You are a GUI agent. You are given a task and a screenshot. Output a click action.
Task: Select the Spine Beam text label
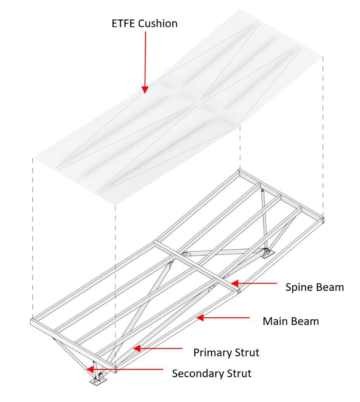click(314, 287)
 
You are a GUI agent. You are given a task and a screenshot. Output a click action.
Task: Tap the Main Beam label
click(291, 321)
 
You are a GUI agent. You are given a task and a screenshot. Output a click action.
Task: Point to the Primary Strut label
click(226, 352)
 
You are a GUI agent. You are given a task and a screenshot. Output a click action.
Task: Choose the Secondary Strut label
click(212, 373)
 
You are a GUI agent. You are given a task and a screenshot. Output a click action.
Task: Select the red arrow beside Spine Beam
click(255, 284)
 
